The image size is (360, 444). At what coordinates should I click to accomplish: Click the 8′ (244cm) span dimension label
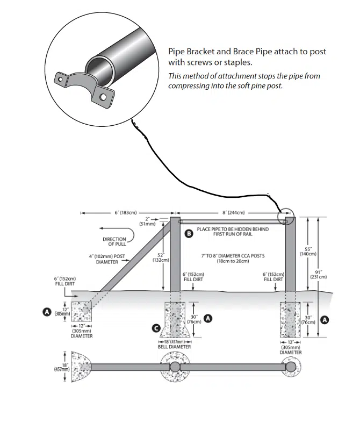(x=234, y=213)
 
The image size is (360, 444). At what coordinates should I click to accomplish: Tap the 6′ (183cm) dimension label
(x=126, y=213)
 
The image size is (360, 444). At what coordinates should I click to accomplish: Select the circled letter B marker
(x=189, y=234)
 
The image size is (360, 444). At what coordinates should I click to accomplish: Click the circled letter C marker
(x=156, y=328)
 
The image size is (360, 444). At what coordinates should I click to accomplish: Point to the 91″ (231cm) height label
(x=319, y=274)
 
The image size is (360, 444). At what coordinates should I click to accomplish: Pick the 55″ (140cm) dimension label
(x=308, y=252)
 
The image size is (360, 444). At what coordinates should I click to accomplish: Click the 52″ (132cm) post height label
(x=161, y=257)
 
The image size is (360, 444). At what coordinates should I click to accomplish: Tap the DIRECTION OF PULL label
(x=114, y=241)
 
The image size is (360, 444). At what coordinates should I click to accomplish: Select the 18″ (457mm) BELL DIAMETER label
(x=174, y=344)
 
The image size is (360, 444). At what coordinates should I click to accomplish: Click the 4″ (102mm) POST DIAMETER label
(x=107, y=259)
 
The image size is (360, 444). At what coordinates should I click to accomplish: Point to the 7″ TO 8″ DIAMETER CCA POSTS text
(x=233, y=258)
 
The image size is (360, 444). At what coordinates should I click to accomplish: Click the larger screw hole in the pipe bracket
(x=103, y=97)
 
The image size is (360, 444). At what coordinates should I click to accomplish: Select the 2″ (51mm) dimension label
(x=147, y=221)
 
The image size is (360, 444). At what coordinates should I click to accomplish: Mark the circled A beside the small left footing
(x=47, y=312)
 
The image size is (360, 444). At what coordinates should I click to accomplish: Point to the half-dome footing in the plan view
(x=81, y=367)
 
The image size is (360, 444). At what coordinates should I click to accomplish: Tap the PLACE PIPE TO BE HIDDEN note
(x=233, y=232)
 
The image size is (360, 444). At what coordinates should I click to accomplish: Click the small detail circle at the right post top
(x=286, y=216)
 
